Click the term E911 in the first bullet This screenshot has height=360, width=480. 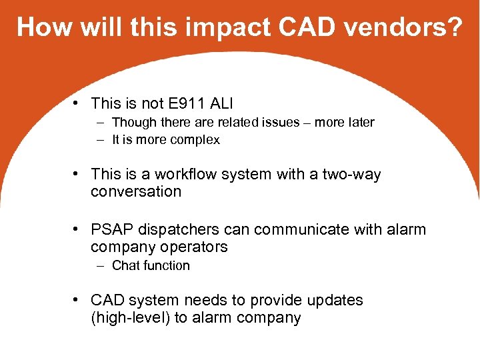(183, 103)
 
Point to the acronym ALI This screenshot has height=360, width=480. (225, 103)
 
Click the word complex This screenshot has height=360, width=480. (195, 140)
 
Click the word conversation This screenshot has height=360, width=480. (136, 192)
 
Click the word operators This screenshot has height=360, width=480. (194, 247)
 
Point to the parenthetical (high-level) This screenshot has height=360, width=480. (130, 318)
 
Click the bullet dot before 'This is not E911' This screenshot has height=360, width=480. (77, 103)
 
